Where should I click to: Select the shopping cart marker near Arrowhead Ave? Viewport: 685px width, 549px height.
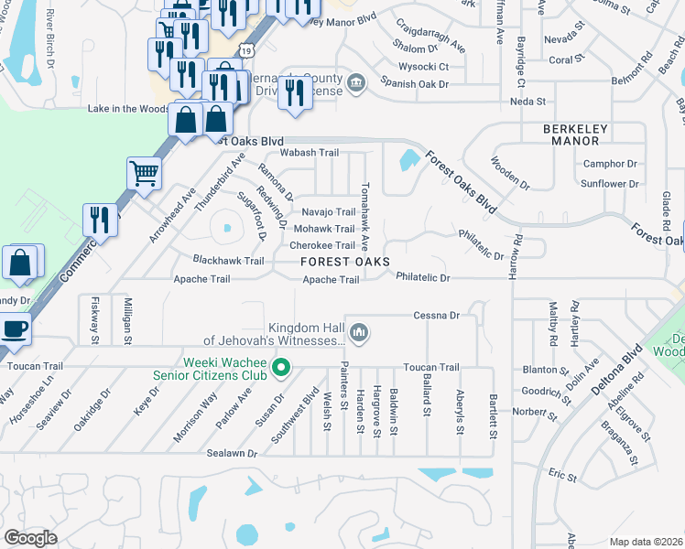(x=145, y=172)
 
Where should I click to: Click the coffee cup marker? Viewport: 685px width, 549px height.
(x=15, y=328)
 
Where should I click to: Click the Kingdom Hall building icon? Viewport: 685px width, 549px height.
(x=360, y=330)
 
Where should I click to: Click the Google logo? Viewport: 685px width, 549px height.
(x=31, y=537)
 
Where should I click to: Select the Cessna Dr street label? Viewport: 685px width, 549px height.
(x=435, y=315)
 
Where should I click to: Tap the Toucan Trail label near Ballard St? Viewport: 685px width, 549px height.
(x=435, y=367)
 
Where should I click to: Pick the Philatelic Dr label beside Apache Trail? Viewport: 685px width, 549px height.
(x=423, y=277)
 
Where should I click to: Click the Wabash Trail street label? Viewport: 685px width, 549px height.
(x=310, y=153)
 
